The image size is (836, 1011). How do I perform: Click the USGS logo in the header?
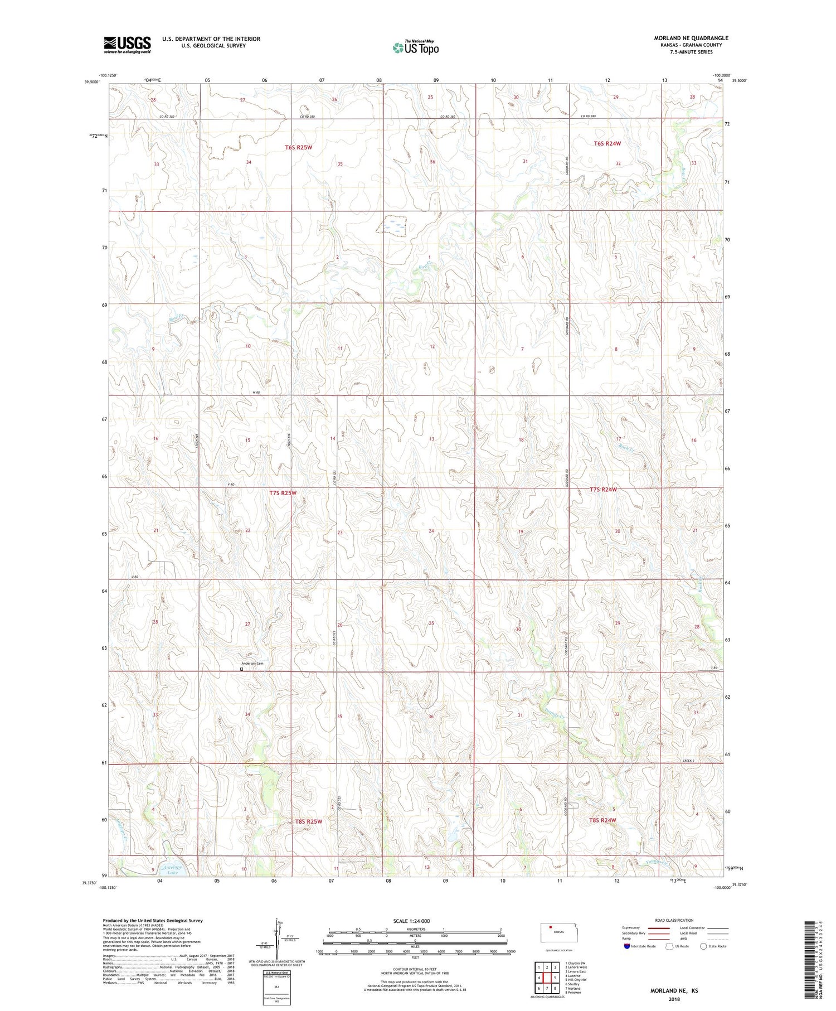[x=127, y=45]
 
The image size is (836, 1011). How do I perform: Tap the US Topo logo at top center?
[x=415, y=47]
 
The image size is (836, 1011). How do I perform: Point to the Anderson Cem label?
[x=252, y=663]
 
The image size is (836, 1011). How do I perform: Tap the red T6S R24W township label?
[x=607, y=143]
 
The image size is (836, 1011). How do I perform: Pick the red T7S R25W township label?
[x=283, y=493]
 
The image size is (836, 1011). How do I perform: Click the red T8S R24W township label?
[x=602, y=820]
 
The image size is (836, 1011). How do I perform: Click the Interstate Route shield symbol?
[x=627, y=946]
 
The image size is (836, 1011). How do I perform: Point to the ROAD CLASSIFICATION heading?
[x=674, y=920]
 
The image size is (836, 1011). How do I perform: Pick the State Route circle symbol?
[x=704, y=946]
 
